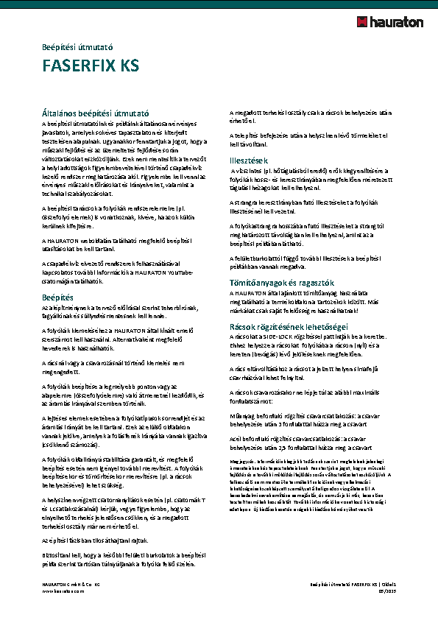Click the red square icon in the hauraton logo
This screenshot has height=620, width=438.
[363, 22]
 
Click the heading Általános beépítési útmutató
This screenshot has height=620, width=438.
[96, 113]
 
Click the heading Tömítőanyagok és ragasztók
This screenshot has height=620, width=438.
[282, 283]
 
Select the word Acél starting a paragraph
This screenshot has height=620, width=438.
[236, 437]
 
